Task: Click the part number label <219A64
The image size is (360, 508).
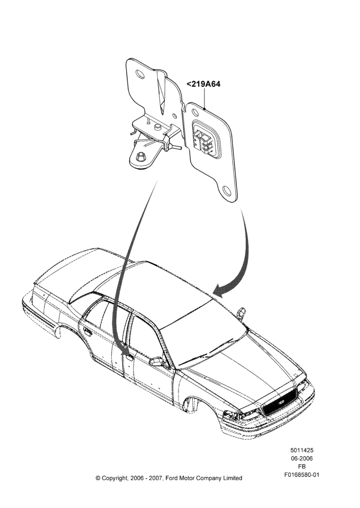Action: pos(203,84)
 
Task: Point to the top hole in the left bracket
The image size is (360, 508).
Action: pos(140,74)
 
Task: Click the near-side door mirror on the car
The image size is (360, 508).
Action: pos(157,361)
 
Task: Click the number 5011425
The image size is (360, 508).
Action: pos(302,450)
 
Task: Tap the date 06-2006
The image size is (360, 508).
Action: pos(302,458)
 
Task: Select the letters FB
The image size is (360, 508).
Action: pos(302,467)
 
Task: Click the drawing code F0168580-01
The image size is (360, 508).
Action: pos(302,475)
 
